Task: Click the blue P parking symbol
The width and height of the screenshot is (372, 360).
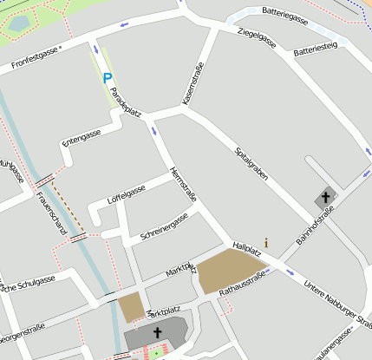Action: (108, 78)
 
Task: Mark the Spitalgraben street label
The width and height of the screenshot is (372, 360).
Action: (251, 163)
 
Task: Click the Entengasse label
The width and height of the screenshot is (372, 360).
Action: (81, 138)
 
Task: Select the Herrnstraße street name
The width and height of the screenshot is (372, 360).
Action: (184, 184)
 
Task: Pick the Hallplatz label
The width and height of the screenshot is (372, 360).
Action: (246, 248)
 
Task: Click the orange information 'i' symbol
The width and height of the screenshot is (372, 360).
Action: (266, 243)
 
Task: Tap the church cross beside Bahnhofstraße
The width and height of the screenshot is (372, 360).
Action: (326, 197)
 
